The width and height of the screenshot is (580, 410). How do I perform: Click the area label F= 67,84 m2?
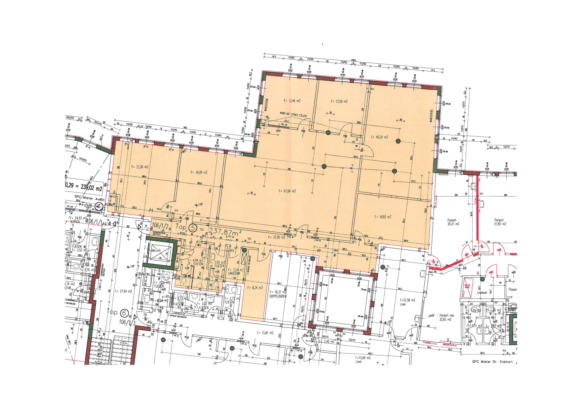pos(287,191)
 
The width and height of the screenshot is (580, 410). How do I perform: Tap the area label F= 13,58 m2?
pos(339,102)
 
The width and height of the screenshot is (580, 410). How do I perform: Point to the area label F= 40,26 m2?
pos(379,137)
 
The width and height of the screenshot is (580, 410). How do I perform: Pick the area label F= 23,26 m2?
pos(140,167)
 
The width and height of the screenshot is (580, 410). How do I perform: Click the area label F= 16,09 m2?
pos(199,172)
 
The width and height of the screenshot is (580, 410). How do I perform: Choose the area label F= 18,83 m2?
pos(383,217)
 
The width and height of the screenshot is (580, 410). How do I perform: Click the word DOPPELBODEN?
pos(278,296)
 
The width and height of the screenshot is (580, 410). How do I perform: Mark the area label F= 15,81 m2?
pos(265,333)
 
